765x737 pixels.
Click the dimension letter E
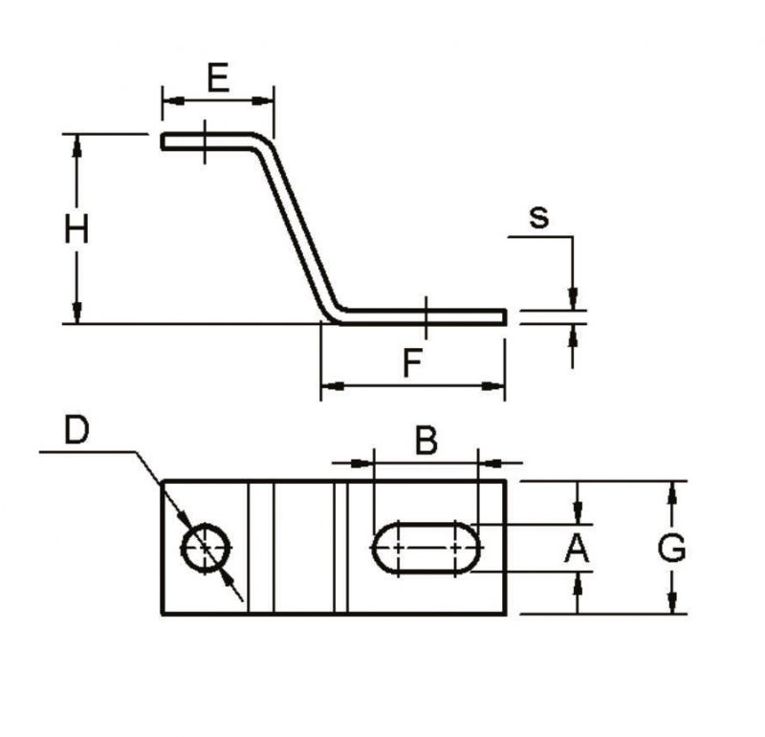click(x=218, y=78)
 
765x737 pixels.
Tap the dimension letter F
click(x=413, y=363)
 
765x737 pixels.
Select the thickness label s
click(x=539, y=218)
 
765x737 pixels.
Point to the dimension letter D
click(x=77, y=430)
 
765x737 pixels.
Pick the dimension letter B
click(x=426, y=441)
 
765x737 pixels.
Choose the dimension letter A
click(x=577, y=548)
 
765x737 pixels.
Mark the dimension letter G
click(x=672, y=548)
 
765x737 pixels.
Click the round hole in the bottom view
click(x=206, y=549)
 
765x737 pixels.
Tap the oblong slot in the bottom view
click(x=426, y=549)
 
